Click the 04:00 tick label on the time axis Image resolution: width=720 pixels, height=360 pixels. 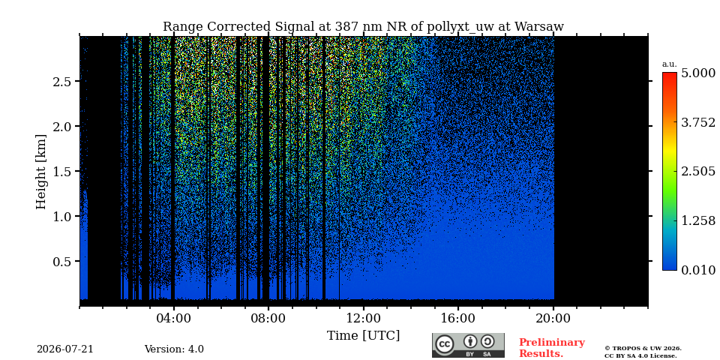point(173,318)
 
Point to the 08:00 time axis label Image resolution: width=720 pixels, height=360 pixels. point(268,318)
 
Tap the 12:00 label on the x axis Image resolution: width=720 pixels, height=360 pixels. point(363,318)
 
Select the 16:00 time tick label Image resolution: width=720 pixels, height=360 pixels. point(458,318)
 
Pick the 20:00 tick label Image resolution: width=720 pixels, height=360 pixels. point(553,318)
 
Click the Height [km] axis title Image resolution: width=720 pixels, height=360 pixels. point(41,172)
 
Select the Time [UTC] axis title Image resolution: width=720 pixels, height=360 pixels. point(363,336)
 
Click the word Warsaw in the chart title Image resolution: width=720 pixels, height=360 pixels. point(538,27)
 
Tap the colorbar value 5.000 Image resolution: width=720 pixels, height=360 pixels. point(698,73)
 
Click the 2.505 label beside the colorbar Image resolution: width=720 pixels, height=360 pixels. point(698,172)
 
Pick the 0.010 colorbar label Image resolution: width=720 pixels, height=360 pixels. point(698,270)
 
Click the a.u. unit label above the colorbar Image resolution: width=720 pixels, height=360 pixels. point(670,64)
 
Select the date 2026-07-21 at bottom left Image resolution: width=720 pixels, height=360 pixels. point(64,349)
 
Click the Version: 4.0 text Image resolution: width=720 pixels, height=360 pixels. point(174,349)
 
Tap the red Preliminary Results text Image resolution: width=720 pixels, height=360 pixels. point(551,348)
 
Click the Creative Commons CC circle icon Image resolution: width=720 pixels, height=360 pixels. point(445,344)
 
